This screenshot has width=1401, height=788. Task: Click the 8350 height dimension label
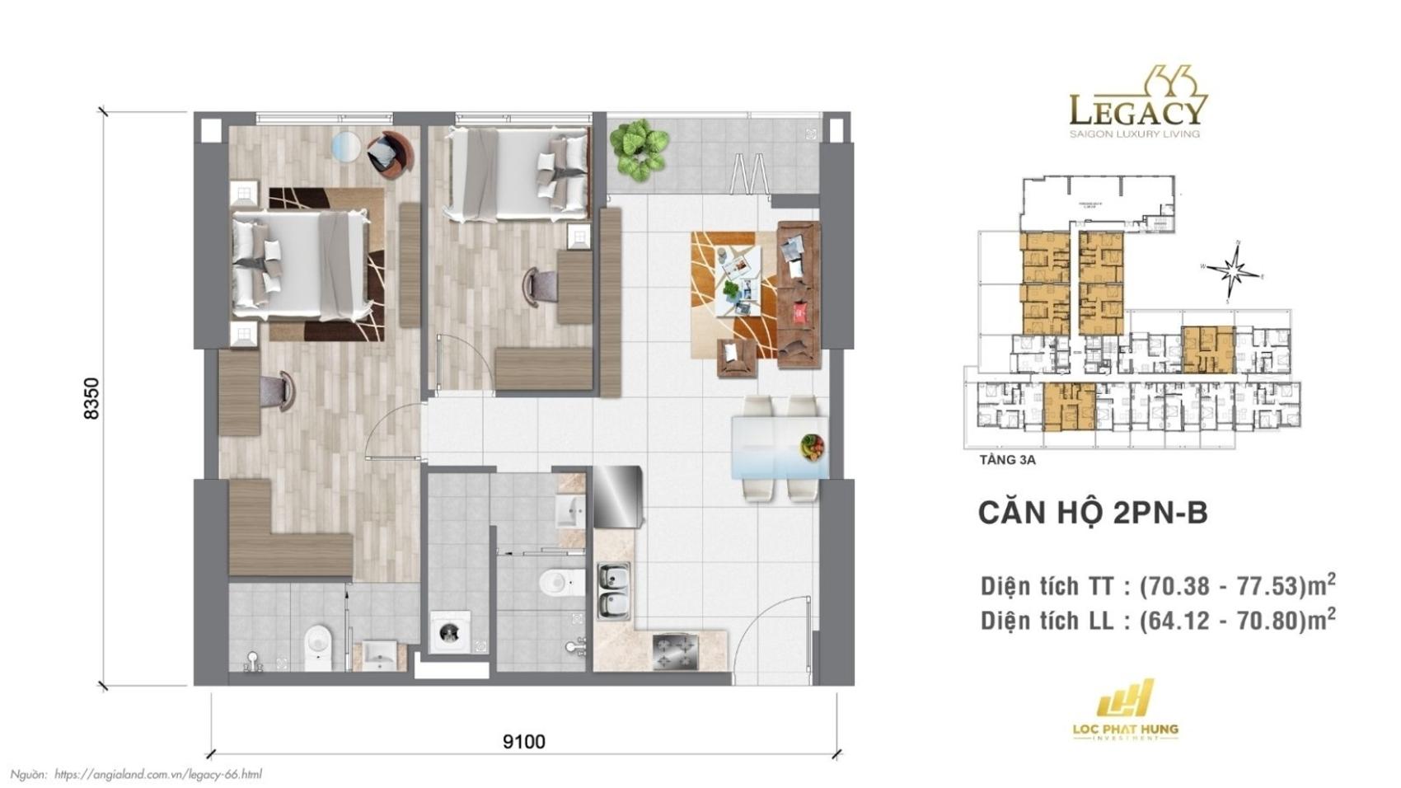tap(91, 398)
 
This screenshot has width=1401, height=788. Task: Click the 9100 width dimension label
tap(523, 742)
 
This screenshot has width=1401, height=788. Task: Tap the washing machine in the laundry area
tap(450, 632)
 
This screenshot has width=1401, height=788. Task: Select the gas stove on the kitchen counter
tap(676, 651)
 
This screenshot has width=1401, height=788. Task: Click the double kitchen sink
tap(614, 592)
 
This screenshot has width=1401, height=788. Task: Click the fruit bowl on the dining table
tap(813, 447)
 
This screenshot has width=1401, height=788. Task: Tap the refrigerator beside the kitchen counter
tap(617, 496)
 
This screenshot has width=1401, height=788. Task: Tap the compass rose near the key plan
tap(1233, 270)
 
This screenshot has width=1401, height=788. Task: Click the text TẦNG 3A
tap(1007, 460)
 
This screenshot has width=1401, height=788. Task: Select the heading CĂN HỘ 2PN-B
tap(1092, 513)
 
